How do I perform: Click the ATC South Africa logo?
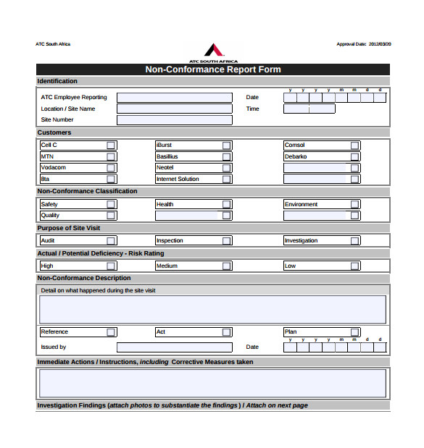click(213, 51)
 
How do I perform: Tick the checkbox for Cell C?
click(111, 145)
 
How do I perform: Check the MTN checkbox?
click(111, 156)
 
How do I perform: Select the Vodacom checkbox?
click(111, 168)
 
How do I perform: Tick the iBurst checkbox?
click(227, 145)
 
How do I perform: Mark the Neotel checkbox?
click(227, 168)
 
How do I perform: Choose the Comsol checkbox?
click(354, 145)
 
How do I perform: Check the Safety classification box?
click(111, 205)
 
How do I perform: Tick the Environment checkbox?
click(354, 205)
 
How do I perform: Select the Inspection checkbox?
click(227, 241)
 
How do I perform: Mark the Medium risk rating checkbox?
click(227, 266)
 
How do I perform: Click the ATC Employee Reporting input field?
click(174, 98)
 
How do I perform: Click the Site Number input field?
click(174, 120)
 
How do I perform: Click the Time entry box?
click(309, 109)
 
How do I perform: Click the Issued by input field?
click(174, 347)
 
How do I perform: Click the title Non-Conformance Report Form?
click(213, 70)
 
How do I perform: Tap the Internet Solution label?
click(178, 179)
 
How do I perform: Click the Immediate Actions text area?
click(212, 383)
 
